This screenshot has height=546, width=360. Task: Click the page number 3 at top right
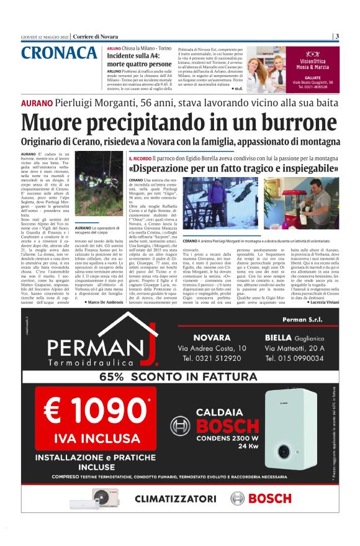click(x=336, y=36)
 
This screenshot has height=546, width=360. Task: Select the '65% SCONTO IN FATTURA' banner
click(x=180, y=376)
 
